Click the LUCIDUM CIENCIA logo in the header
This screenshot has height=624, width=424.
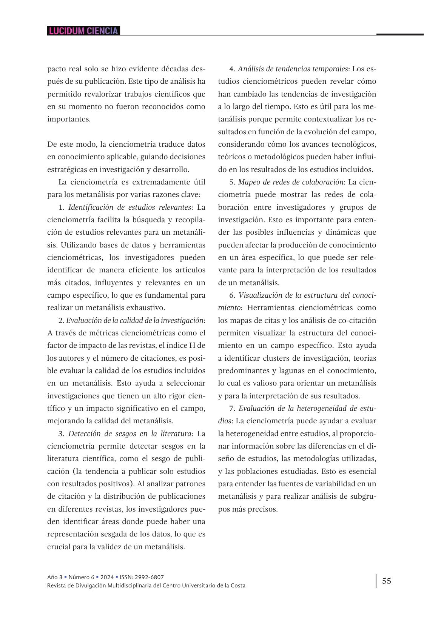coord(83,31)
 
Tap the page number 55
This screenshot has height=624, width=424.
coord(387,581)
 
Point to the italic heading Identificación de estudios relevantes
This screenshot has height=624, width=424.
coord(130,207)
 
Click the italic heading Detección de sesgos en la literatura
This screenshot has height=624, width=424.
coord(130,433)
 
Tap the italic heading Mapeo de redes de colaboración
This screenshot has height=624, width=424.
coord(291,182)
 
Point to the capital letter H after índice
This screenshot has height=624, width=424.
coord(190,346)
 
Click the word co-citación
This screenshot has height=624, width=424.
coord(357,320)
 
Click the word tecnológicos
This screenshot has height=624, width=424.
coord(353,144)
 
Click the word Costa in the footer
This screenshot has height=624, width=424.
coord(237,586)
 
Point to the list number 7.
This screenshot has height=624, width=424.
coord(232,408)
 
